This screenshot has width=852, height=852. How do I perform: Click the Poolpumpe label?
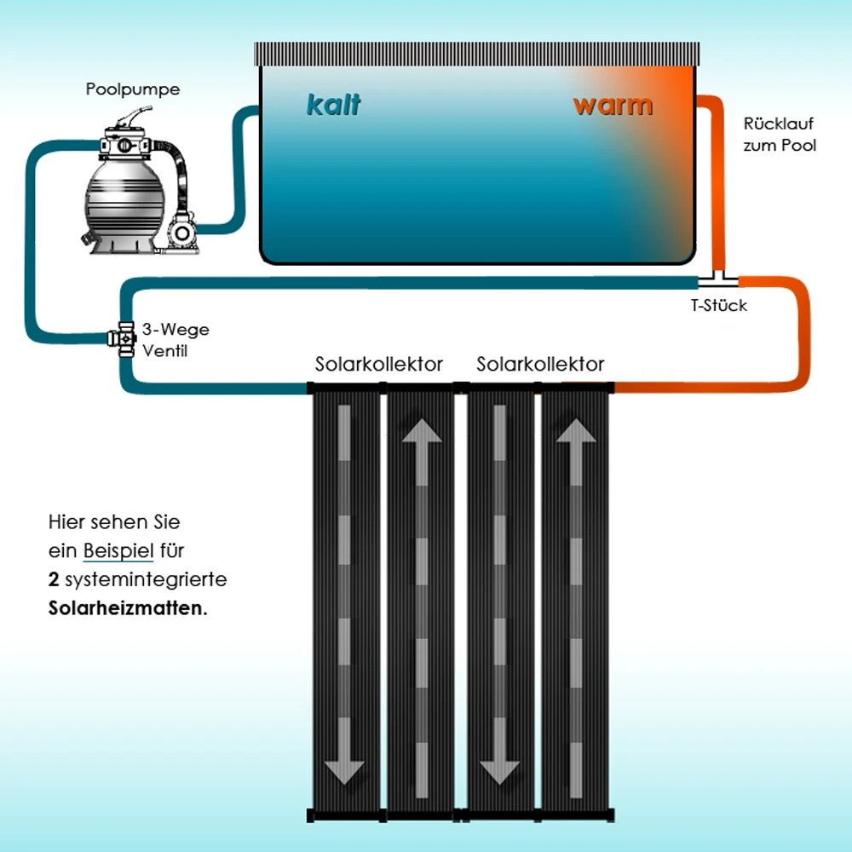(x=133, y=89)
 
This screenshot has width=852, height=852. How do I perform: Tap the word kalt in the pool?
(x=333, y=106)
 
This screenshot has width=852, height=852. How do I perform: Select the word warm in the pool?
(x=613, y=106)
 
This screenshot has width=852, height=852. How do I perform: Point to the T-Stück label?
(x=718, y=305)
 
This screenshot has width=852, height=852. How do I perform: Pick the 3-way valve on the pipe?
(x=124, y=337)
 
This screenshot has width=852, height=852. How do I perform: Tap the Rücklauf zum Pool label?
(x=779, y=135)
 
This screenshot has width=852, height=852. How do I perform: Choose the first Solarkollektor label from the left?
(x=379, y=365)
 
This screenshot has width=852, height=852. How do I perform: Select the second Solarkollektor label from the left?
(x=540, y=365)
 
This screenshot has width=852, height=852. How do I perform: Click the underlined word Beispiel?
(x=118, y=551)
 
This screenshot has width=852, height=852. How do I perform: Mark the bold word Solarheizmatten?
(x=127, y=610)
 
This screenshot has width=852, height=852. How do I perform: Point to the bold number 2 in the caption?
(x=53, y=580)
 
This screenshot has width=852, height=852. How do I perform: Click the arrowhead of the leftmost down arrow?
(x=345, y=770)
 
